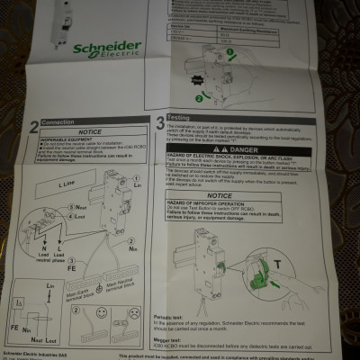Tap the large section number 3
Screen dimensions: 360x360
(159, 121)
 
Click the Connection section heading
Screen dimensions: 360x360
(57, 121)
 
